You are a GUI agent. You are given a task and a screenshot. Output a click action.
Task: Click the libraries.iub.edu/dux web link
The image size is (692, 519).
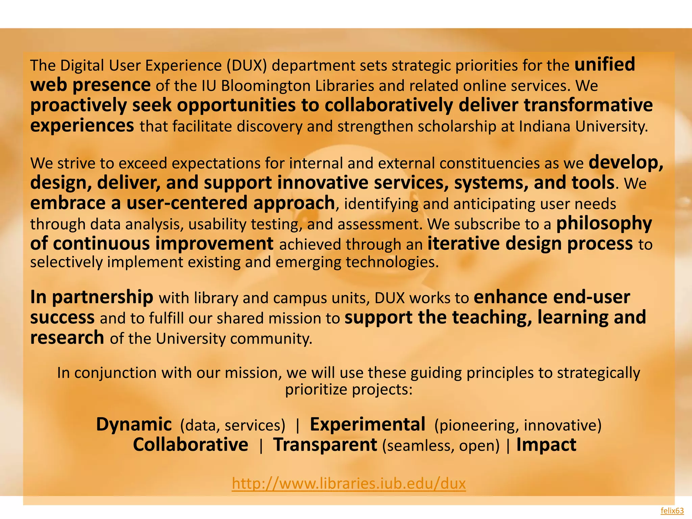click(349, 484)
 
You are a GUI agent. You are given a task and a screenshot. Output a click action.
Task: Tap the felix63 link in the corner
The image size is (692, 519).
click(672, 511)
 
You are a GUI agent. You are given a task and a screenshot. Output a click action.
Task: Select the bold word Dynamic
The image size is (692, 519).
click(134, 424)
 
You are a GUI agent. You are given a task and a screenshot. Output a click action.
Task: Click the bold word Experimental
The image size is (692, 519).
click(367, 424)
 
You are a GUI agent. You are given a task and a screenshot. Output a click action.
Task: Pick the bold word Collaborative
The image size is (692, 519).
click(191, 445)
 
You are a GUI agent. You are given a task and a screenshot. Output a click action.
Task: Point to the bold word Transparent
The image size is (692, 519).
click(325, 445)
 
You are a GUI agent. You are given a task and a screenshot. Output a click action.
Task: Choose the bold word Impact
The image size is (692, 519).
click(546, 445)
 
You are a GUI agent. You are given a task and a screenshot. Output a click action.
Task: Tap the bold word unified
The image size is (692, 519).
click(604, 64)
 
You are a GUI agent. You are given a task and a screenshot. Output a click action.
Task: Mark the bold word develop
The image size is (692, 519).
click(625, 163)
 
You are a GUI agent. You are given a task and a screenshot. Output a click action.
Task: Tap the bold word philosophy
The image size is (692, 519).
click(604, 223)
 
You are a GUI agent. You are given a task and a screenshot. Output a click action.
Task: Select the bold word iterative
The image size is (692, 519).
click(464, 243)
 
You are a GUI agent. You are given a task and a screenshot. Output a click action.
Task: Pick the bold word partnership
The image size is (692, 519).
click(102, 297)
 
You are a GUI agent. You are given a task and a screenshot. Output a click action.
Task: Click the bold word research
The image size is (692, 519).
click(67, 338)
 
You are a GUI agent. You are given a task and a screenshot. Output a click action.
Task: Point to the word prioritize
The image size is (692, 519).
click(316, 390)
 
